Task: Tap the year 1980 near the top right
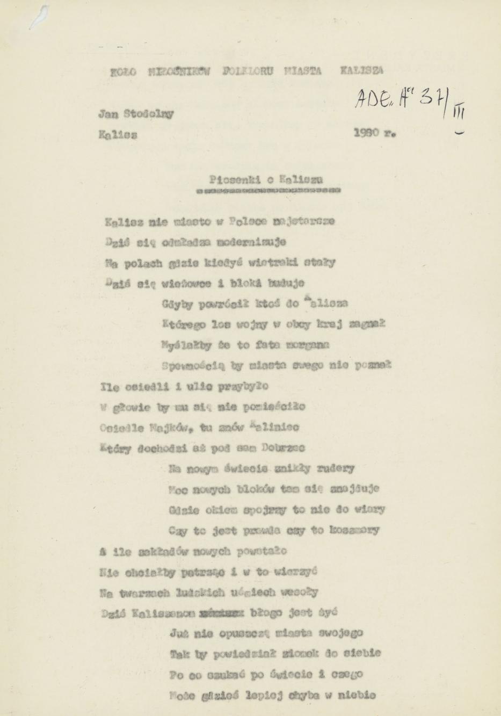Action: pos(367,132)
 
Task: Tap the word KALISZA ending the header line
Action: pos(362,70)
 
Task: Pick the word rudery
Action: pos(336,468)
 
